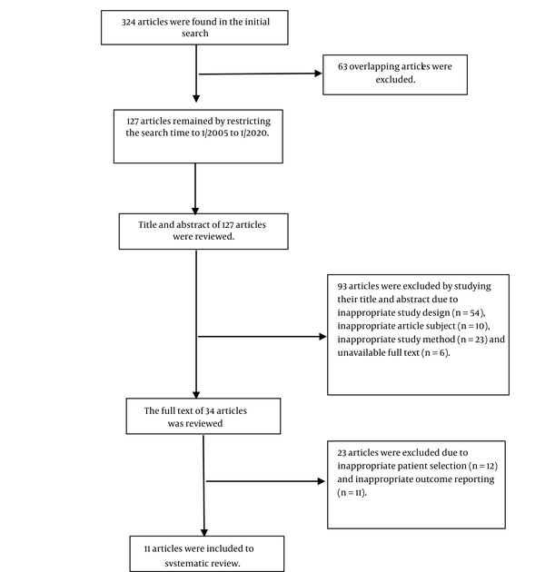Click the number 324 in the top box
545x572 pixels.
pos(128,23)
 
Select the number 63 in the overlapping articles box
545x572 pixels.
pos(342,66)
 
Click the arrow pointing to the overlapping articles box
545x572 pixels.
pos(261,74)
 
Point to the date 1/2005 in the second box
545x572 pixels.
pos(214,133)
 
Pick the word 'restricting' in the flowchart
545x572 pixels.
pos(249,122)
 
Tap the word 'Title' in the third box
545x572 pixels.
pos(147,225)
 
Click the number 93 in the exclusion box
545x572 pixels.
pos(342,286)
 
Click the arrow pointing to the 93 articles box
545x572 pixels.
pos(263,336)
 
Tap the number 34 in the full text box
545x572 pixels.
pos(210,411)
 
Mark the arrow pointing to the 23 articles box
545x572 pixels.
pos(266,481)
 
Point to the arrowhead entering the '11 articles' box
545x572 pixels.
pos(204,533)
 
